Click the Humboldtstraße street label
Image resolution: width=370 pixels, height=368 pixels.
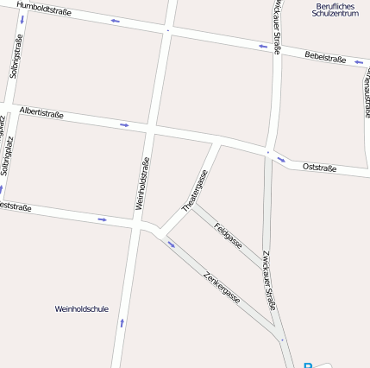pos(43,10)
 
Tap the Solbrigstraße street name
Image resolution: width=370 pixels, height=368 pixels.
pos(15,56)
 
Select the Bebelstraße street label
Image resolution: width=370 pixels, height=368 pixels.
pos(325,58)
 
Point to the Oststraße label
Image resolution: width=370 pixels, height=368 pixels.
pos(319,167)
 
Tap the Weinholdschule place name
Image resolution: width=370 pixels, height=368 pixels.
pos(82,308)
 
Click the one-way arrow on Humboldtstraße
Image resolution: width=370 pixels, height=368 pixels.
pos(116,20)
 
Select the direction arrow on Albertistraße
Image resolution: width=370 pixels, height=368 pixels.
pos(125,125)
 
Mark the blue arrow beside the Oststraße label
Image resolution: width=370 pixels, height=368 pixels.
pos(281,159)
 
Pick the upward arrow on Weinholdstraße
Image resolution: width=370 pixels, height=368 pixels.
pos(122,322)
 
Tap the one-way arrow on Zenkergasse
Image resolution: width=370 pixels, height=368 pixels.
pos(171,244)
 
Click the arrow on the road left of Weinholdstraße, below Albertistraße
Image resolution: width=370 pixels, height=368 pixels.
pos(103,219)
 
